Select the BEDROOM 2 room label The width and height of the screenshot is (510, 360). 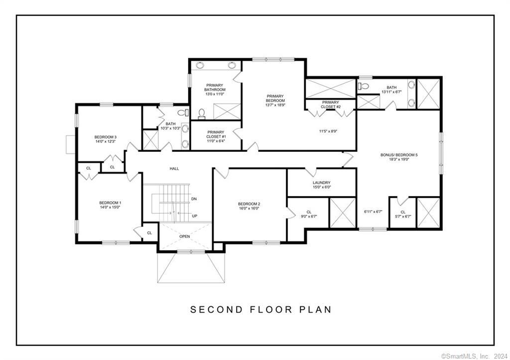[x=249, y=206]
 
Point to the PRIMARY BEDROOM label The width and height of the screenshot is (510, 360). [x=275, y=99]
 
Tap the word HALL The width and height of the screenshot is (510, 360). [x=174, y=169]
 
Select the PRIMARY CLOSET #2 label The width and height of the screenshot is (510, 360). [x=331, y=105]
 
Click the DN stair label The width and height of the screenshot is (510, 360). [x=194, y=199]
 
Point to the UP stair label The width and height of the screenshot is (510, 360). [x=194, y=216]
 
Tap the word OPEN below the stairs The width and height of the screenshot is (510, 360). [x=185, y=237]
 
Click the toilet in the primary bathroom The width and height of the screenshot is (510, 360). [x=202, y=115]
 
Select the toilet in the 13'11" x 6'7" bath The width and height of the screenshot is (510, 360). [x=364, y=87]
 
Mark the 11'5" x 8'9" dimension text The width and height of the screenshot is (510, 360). [x=329, y=131]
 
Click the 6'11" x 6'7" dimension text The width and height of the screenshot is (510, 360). [x=373, y=212]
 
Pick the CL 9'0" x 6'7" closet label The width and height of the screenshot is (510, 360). [x=308, y=214]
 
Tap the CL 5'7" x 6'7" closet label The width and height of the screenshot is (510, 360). [x=402, y=214]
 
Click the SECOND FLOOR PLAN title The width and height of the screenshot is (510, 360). [x=260, y=309]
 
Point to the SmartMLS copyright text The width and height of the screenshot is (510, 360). [x=474, y=356]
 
